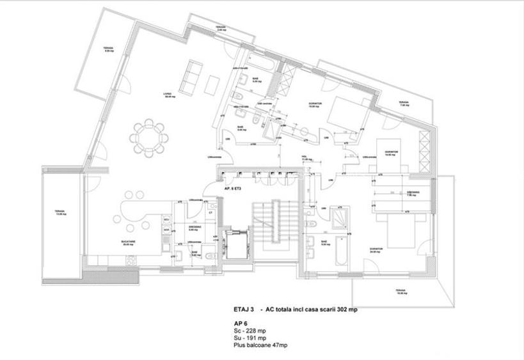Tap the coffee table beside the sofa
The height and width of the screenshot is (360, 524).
click(213, 82)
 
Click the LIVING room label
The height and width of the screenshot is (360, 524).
click(168, 94)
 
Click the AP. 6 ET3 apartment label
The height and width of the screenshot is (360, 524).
click(236, 190)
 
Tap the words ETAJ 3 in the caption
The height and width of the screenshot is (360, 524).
click(248, 308)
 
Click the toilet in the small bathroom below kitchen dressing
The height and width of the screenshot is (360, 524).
click(210, 254)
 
